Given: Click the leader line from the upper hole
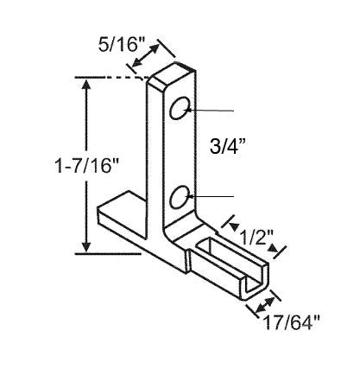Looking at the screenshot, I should pyautogui.click(x=212, y=111).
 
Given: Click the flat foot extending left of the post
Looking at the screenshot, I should pyautogui.click(x=121, y=207).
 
